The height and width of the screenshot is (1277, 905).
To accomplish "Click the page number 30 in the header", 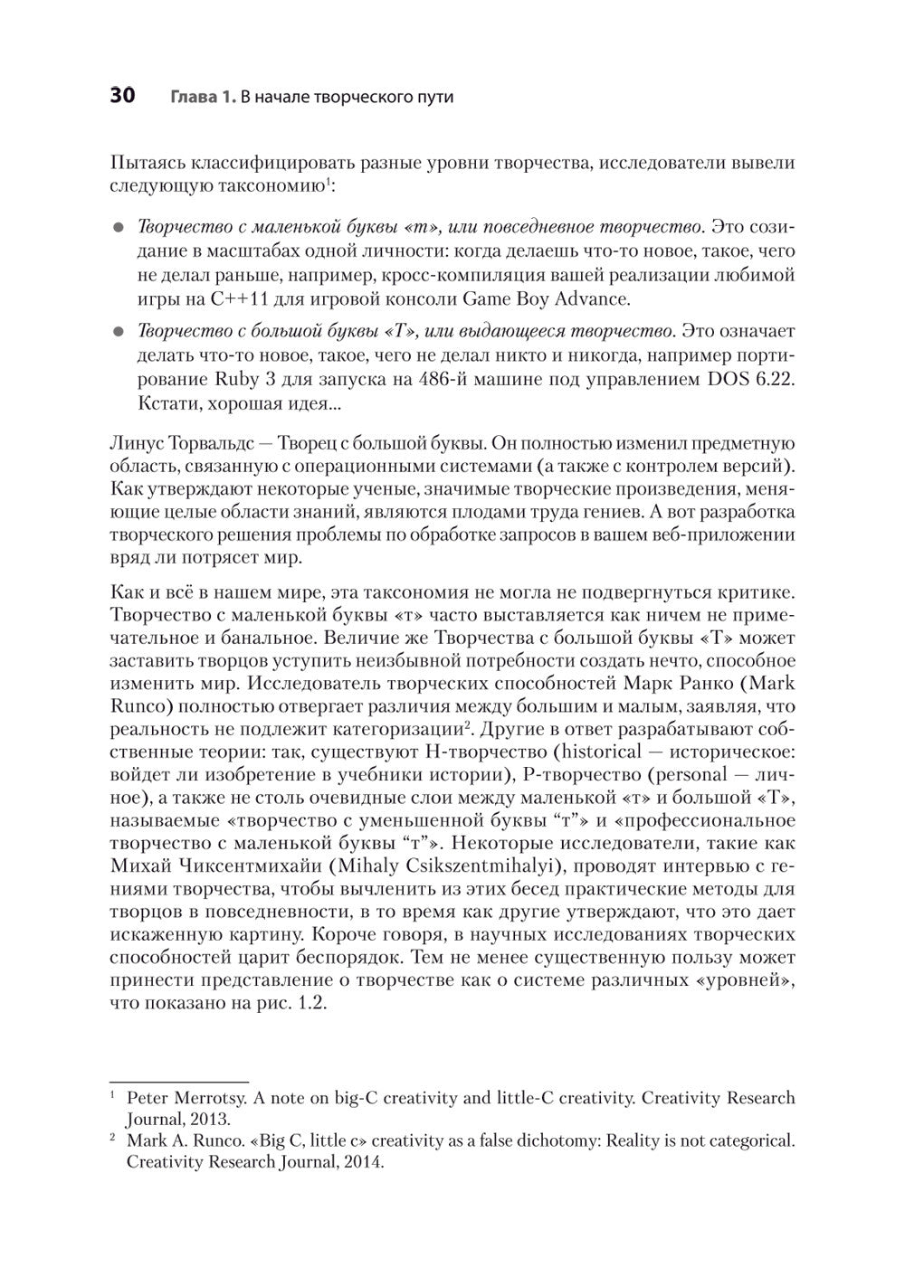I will [122, 96].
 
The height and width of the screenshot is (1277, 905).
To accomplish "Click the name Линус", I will [138, 444].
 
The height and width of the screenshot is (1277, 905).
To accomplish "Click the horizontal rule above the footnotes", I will [178, 1081].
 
